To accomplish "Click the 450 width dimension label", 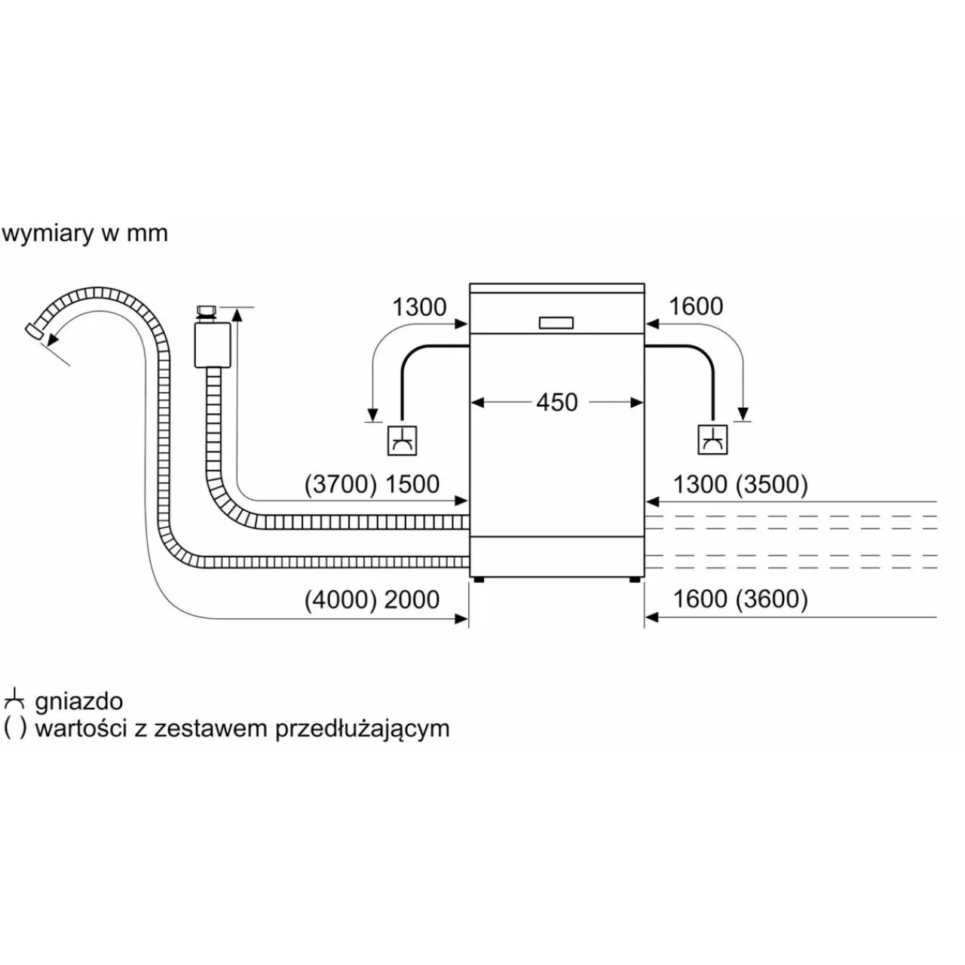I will point(556,403).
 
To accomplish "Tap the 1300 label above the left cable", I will point(419,307).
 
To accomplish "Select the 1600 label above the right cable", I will point(695,306).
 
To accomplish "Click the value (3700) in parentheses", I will point(340,484).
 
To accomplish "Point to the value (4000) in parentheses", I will point(340,599).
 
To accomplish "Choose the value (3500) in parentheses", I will point(771,484).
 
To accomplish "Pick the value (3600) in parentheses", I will point(771,599).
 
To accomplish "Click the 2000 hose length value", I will point(412,599).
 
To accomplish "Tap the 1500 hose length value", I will point(412,484).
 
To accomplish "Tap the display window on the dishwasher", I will point(556,322).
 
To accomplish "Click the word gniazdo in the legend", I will point(78,702).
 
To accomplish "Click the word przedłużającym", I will point(363,729).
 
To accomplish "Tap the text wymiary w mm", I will point(84,234).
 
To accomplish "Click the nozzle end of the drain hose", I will point(33,331).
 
